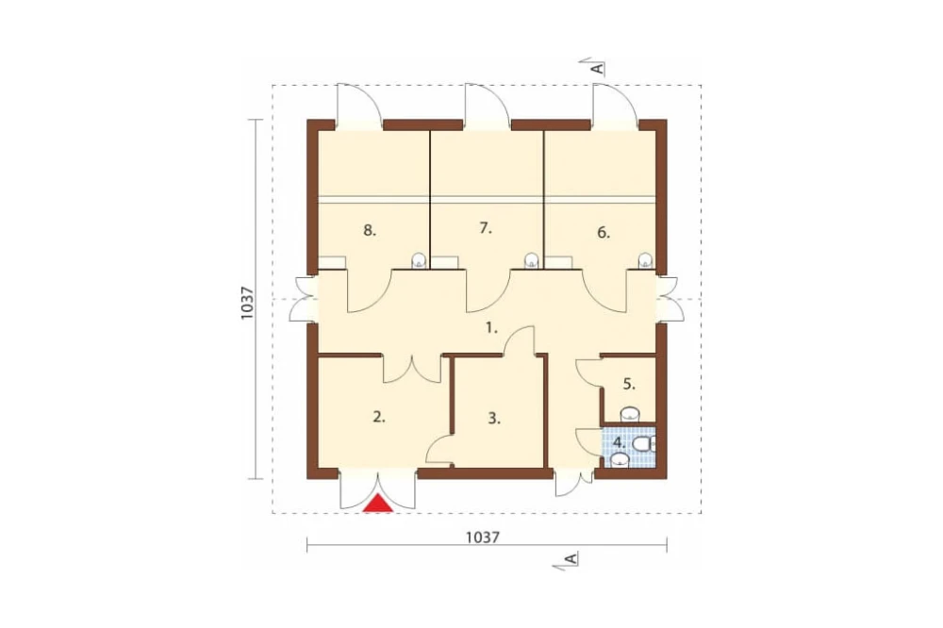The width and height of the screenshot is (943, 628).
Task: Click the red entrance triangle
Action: click(x=379, y=504)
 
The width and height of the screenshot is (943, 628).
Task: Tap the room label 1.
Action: click(x=492, y=328)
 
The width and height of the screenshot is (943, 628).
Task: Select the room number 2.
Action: click(x=378, y=416)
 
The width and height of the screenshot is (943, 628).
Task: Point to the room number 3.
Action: click(x=494, y=419)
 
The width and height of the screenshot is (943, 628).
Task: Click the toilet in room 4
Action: click(x=643, y=444)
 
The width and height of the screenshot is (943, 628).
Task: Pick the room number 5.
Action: click(x=628, y=384)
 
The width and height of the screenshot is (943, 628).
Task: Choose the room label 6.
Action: click(x=604, y=233)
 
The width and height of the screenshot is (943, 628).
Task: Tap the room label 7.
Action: click(x=486, y=228)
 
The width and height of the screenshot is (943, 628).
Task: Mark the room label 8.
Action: click(x=370, y=230)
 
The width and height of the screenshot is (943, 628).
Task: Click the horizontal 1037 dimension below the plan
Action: click(x=483, y=537)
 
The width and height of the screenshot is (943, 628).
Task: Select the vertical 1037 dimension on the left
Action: click(x=247, y=303)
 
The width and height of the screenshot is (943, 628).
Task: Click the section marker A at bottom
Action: click(x=571, y=559)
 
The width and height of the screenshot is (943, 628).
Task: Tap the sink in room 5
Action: click(x=629, y=414)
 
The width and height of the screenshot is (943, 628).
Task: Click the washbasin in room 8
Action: click(x=419, y=260)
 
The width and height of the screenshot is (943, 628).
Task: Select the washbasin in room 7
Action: click(x=530, y=260)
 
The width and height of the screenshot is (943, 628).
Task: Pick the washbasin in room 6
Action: click(x=645, y=260)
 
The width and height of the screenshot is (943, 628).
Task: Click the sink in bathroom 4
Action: click(x=620, y=461)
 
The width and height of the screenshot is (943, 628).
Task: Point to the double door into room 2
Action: click(x=412, y=368)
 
